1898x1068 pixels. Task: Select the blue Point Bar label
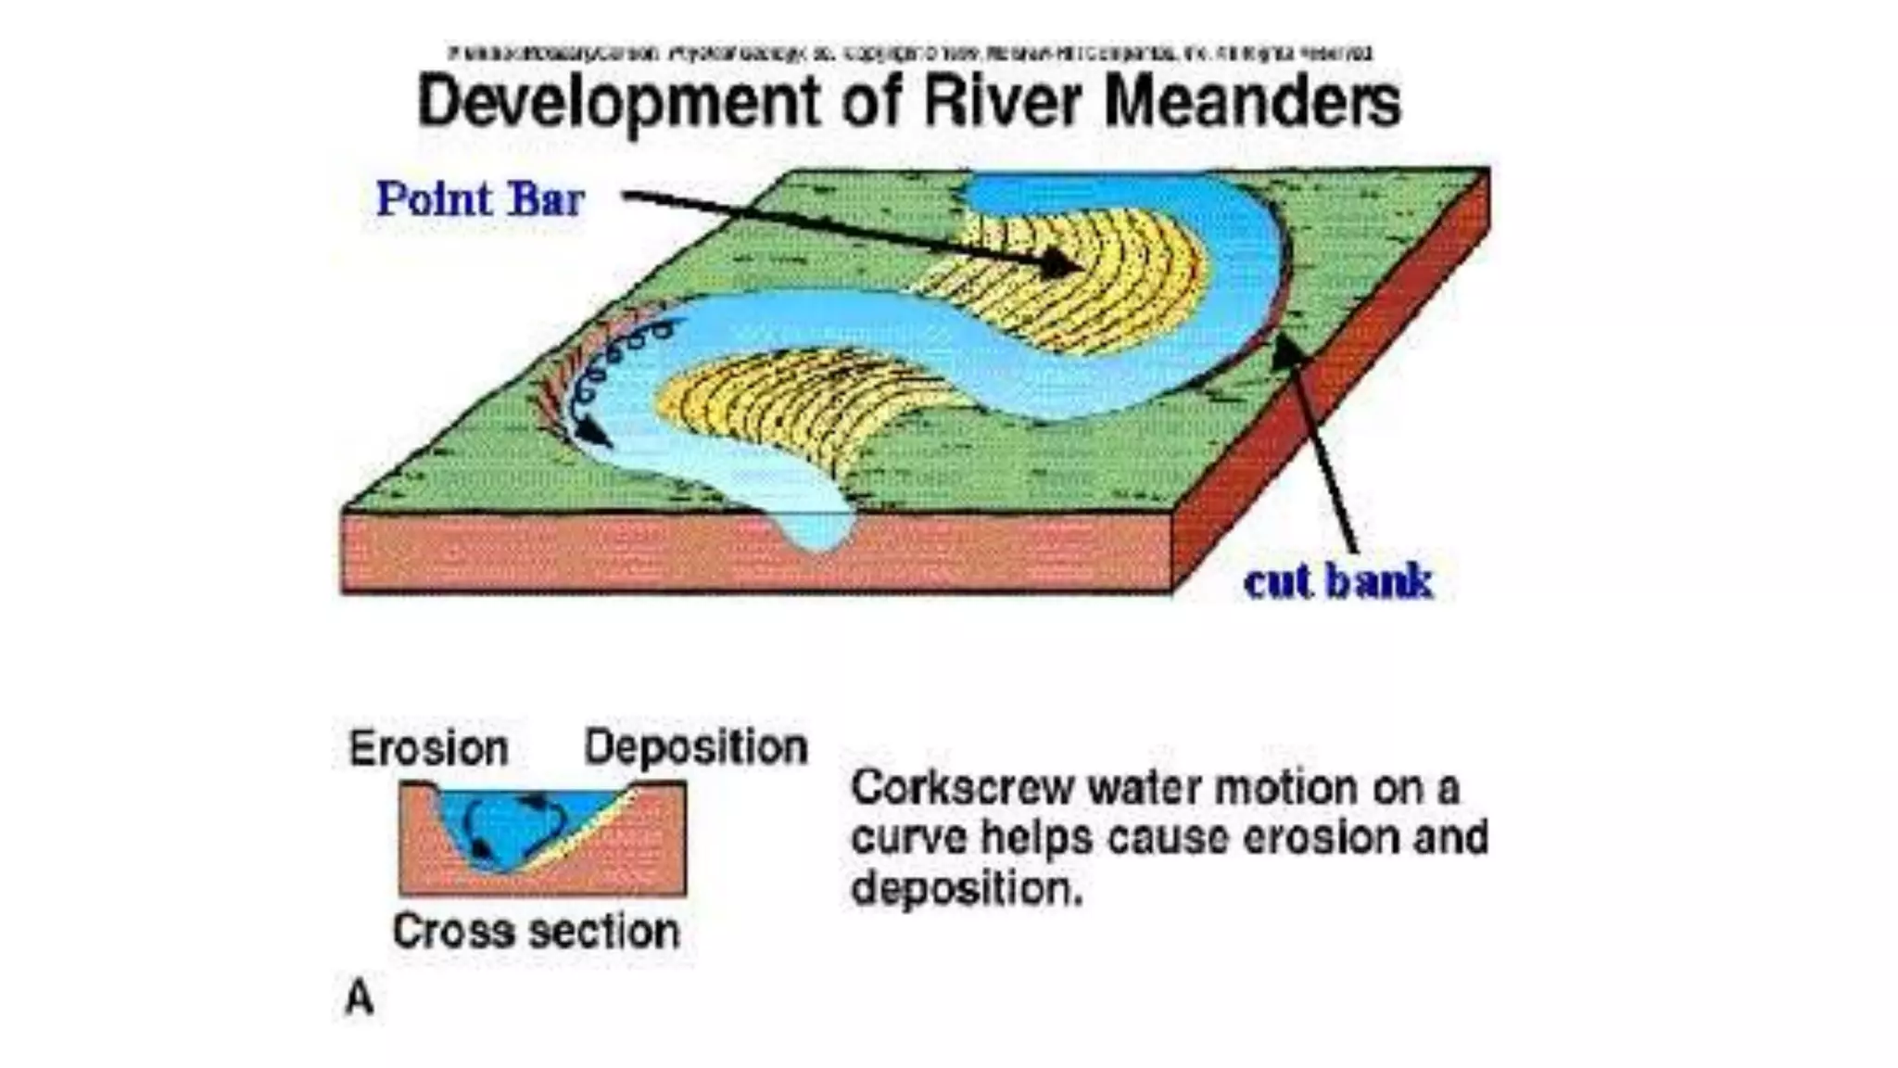pyautogui.click(x=480, y=199)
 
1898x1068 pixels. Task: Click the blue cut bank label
pyautogui.click(x=1337, y=582)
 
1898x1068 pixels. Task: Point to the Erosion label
pyautogui.click(x=428, y=748)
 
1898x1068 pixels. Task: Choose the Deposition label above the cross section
pyautogui.click(x=695, y=747)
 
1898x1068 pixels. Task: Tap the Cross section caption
pyautogui.click(x=536, y=931)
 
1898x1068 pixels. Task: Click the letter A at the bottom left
pyautogui.click(x=360, y=998)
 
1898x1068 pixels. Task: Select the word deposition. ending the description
pyautogui.click(x=967, y=888)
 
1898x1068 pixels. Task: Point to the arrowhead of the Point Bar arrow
pyautogui.click(x=1066, y=265)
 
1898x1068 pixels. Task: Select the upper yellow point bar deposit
pyautogui.click(x=1094, y=278)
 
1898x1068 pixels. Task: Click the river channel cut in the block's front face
pyautogui.click(x=816, y=528)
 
